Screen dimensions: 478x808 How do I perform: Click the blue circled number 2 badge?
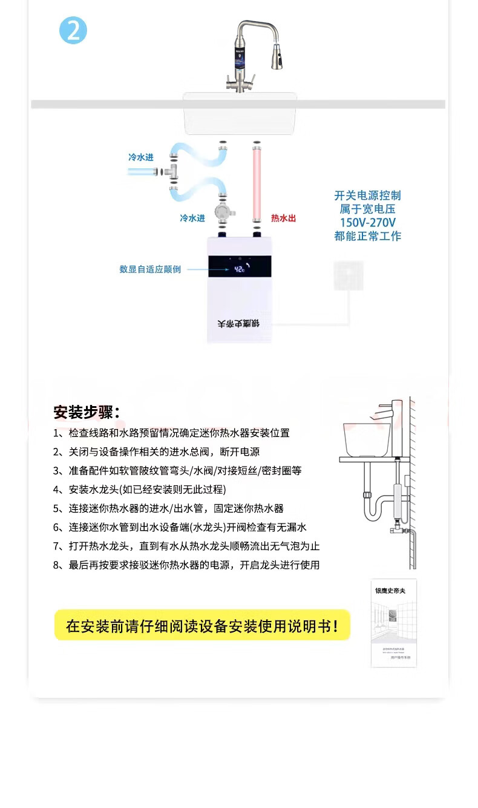click(x=73, y=30)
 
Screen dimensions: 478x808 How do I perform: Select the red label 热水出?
click(x=283, y=218)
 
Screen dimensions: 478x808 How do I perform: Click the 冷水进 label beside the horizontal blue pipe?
click(x=140, y=157)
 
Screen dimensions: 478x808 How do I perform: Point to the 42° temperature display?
click(x=240, y=268)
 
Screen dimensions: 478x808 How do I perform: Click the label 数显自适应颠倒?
click(x=150, y=269)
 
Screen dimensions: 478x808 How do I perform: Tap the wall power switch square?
click(x=349, y=275)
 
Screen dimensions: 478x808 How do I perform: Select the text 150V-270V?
click(x=367, y=222)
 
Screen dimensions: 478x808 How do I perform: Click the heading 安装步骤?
click(x=87, y=413)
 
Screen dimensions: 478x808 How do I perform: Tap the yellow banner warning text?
click(x=202, y=625)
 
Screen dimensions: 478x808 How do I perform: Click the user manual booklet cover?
click(x=394, y=623)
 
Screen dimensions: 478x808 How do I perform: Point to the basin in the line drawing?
click(x=366, y=438)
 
